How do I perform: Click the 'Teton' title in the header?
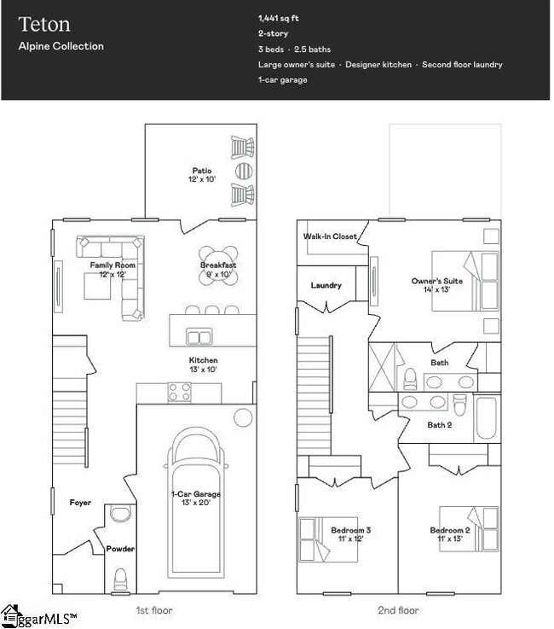tap(45, 24)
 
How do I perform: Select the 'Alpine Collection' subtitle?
tap(61, 46)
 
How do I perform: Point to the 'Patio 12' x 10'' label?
tap(201, 175)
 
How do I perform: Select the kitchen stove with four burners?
tap(179, 392)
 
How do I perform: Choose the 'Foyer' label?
tap(80, 503)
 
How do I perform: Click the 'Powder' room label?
tap(120, 549)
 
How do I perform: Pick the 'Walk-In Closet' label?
tap(330, 236)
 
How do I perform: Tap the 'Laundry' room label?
tap(326, 285)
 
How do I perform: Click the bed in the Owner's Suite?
tap(465, 282)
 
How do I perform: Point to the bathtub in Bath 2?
tap(488, 419)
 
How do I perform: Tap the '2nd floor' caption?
tap(398, 610)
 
